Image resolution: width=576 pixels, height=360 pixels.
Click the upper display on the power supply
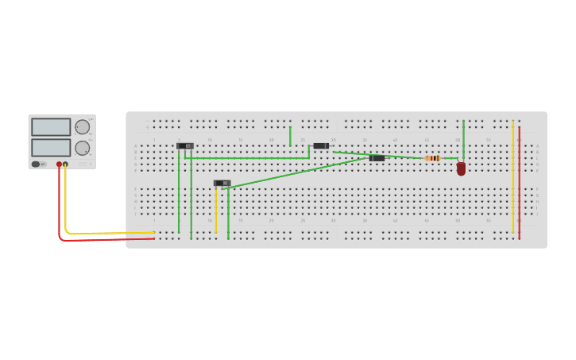[x=51, y=127]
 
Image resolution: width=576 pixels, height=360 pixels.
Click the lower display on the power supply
[x=51, y=148]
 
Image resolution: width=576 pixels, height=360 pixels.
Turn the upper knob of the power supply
[x=82, y=127]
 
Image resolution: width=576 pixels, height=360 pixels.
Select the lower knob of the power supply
[x=82, y=148]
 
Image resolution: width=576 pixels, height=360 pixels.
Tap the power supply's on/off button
[x=36, y=165]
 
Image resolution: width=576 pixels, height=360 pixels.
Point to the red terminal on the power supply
[x=59, y=165]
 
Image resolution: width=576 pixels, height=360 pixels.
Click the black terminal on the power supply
[x=65, y=165]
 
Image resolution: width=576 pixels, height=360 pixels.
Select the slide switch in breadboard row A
[x=184, y=146]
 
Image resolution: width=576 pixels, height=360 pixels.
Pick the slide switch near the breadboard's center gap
[x=222, y=184]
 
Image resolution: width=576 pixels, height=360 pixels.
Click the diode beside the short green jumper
[x=321, y=146]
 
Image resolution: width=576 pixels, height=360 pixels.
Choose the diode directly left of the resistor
[x=377, y=158]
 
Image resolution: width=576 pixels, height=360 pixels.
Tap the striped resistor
[x=431, y=158]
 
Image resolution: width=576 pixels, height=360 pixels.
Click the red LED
[x=461, y=168]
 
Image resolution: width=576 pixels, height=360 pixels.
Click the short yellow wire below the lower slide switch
[x=216, y=211]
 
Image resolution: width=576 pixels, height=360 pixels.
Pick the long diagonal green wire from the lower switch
[x=294, y=173]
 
